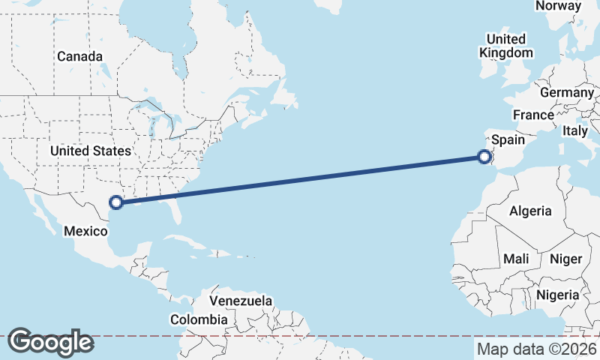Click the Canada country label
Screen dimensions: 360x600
[79, 56]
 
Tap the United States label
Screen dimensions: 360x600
[90, 151]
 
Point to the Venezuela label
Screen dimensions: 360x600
[241, 301]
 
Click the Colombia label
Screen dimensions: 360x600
[198, 320]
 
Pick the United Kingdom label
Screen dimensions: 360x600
[506, 46]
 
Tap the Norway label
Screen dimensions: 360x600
[558, 6]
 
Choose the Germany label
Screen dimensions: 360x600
[566, 92]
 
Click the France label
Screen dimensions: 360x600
[533, 115]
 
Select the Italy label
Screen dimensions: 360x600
[575, 130]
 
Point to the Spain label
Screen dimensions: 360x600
[508, 139]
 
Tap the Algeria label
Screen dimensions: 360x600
[530, 211]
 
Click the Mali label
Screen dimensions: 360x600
[516, 259]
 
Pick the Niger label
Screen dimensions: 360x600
[566, 259]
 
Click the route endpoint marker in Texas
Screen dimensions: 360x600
[116, 202]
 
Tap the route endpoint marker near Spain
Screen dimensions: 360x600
[484, 157]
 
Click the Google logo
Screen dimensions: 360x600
[50, 341]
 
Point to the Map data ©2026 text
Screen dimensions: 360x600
[537, 349]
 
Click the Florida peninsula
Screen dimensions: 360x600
[177, 214]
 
